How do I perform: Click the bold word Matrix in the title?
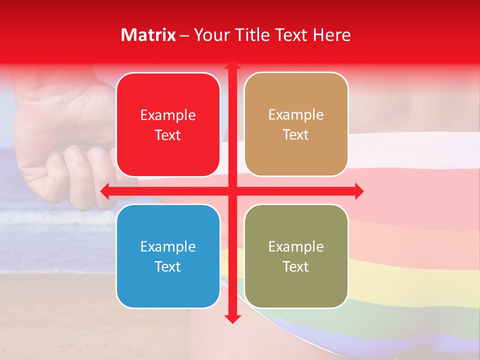[x=148, y=35]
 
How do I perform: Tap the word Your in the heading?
[x=209, y=35]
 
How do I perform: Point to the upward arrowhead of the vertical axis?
[x=232, y=65]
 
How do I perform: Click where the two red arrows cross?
[x=232, y=191]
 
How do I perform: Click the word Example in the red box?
[x=168, y=115]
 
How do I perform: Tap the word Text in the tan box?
[x=296, y=135]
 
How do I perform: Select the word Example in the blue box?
[x=168, y=246]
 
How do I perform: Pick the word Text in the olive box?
[x=296, y=266]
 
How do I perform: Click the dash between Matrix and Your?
[x=184, y=35]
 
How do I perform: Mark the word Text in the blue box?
[x=168, y=266]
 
